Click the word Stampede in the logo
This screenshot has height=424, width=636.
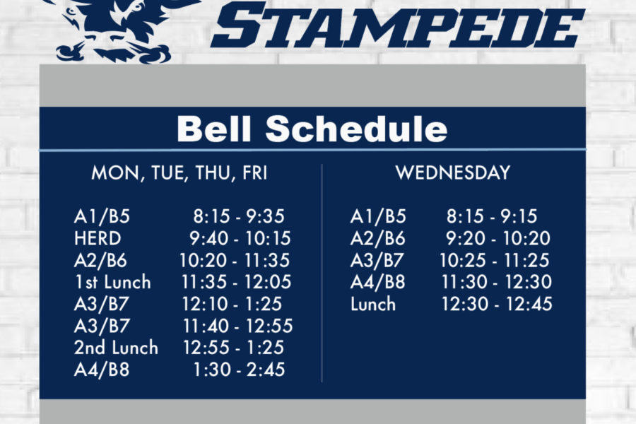click(397, 25)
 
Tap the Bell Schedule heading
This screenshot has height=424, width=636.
click(312, 129)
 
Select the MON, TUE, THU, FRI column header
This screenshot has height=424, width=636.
click(179, 173)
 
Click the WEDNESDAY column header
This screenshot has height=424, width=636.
click(453, 172)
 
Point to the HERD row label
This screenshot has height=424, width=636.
click(98, 238)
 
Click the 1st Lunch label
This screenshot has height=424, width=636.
click(113, 282)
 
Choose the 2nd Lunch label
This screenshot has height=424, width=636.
click(116, 348)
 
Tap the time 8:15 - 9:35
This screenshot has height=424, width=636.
click(239, 216)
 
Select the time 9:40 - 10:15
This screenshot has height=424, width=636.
click(240, 238)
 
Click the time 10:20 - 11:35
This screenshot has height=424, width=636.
click(235, 260)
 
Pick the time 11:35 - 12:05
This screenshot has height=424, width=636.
click(237, 282)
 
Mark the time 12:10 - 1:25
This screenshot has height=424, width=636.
click(232, 304)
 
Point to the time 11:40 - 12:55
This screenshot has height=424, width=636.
click(237, 326)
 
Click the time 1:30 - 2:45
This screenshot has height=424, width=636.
click(239, 370)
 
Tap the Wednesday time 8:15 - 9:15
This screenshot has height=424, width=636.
click(492, 216)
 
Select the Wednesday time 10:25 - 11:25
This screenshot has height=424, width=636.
click(495, 260)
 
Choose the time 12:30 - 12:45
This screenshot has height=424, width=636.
click(497, 304)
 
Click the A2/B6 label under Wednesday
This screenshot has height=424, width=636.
click(377, 238)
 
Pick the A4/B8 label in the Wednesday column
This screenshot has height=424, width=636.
click(377, 282)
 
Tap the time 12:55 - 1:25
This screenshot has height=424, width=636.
click(234, 348)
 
